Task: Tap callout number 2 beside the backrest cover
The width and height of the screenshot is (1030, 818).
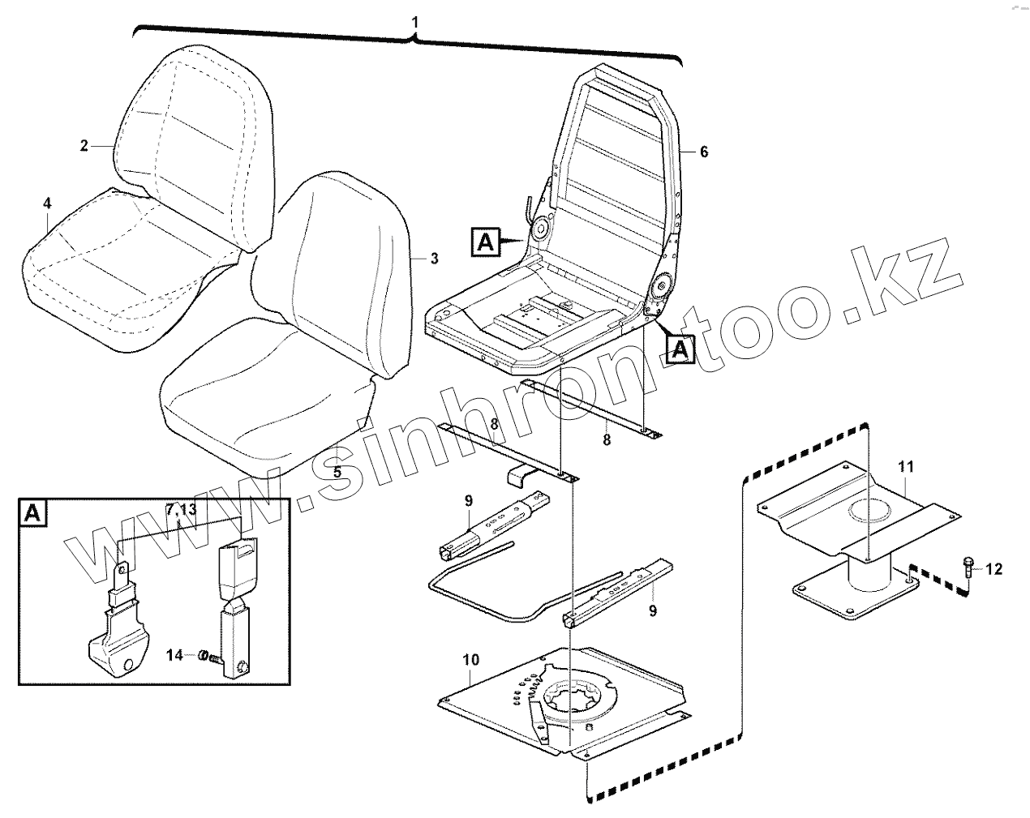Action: tap(84, 146)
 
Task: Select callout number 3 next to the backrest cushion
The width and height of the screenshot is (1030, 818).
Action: tap(434, 259)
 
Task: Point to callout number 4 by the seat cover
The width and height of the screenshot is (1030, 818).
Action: tap(47, 202)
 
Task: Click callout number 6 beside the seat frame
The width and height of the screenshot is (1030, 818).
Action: tap(704, 152)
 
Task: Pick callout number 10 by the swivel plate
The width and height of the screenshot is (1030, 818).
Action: tap(471, 660)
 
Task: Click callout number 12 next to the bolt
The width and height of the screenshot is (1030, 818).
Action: tap(994, 569)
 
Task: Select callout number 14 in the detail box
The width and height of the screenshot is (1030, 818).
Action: tap(175, 654)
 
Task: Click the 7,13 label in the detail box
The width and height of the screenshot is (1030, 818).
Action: tap(181, 509)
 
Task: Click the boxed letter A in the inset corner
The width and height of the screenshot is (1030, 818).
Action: tap(32, 512)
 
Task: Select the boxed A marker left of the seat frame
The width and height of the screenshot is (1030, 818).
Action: tap(484, 241)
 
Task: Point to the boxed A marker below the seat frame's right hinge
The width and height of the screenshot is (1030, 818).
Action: tap(680, 349)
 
